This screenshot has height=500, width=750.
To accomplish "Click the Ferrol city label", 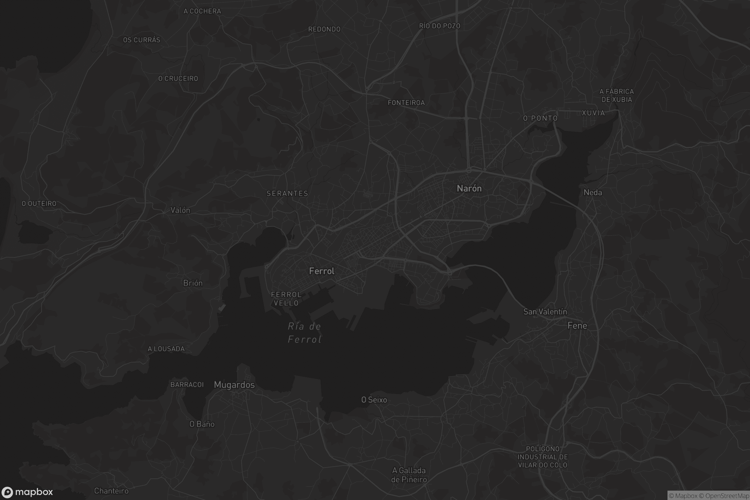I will (x=322, y=271).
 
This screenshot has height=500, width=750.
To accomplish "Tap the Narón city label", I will (x=469, y=188).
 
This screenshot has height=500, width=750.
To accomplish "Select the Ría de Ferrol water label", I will (x=304, y=333).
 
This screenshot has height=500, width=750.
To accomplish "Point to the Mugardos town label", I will (x=234, y=385).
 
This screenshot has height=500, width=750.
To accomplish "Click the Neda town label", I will (x=593, y=192).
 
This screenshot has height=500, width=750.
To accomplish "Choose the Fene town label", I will (x=577, y=326).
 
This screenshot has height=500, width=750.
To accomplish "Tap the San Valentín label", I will (x=545, y=312).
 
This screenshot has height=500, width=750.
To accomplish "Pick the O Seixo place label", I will (x=374, y=400).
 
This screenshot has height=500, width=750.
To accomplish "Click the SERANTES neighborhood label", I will (x=287, y=193).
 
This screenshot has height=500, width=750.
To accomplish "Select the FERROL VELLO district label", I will (x=286, y=299).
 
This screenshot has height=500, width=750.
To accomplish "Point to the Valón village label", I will (x=180, y=210).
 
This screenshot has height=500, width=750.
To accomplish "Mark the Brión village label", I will (x=193, y=283).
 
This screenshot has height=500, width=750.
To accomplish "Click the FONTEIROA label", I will (x=406, y=103).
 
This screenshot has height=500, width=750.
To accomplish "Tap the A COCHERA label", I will (x=202, y=11).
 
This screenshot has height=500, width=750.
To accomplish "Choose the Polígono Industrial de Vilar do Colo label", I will (x=542, y=457).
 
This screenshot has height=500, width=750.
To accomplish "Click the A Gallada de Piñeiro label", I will (x=409, y=475).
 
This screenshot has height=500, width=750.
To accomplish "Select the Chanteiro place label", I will (x=111, y=491).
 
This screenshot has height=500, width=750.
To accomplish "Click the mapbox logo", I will (x=27, y=492).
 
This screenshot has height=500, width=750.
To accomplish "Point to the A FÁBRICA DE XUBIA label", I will (x=617, y=96).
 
